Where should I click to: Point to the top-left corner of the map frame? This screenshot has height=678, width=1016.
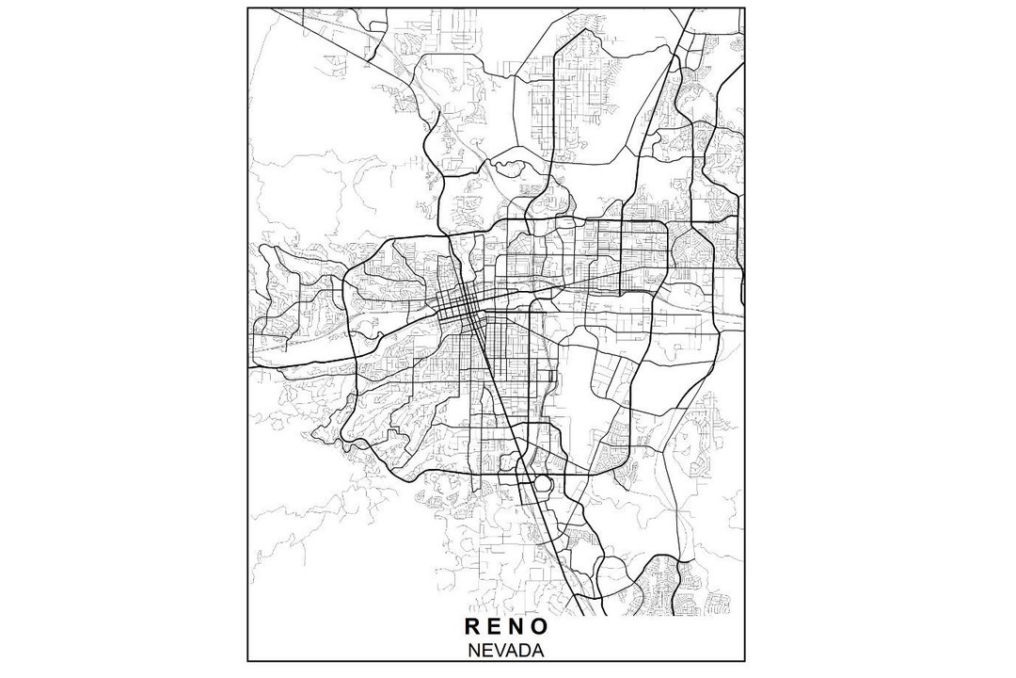[x=247, y=8]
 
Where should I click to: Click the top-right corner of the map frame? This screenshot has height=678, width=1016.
[x=745, y=8]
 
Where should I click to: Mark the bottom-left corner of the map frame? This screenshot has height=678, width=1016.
[x=247, y=663]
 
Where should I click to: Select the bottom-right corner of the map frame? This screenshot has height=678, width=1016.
[x=745, y=663]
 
